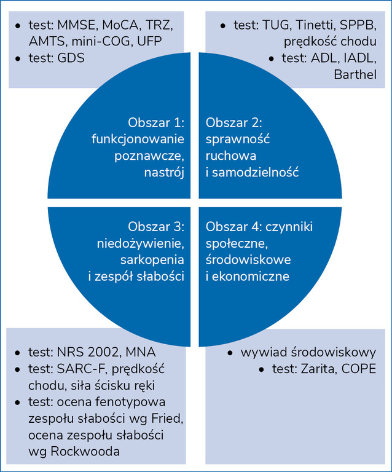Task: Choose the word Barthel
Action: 355,74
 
